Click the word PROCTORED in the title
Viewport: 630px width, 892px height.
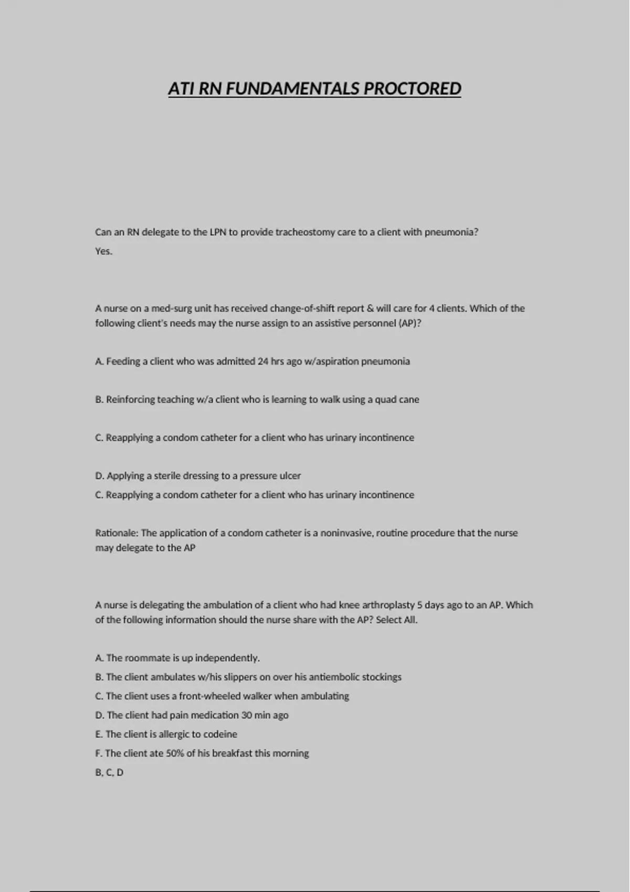pyautogui.click(x=412, y=89)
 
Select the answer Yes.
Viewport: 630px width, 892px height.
pyautogui.click(x=103, y=251)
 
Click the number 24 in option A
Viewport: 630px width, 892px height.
pyautogui.click(x=262, y=361)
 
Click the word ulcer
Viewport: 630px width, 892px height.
pyautogui.click(x=290, y=475)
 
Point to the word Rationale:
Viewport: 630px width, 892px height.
pyautogui.click(x=117, y=533)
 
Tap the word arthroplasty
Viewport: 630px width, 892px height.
pyautogui.click(x=388, y=604)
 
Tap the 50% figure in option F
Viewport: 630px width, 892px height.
pyautogui.click(x=175, y=753)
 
